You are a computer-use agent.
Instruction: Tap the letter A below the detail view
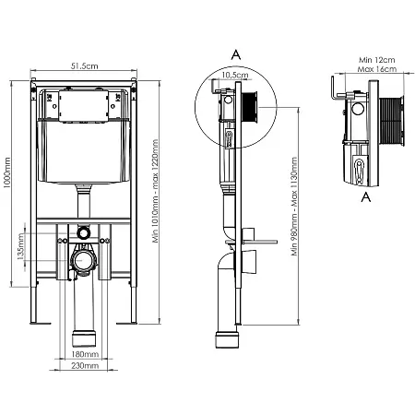click(x=366, y=197)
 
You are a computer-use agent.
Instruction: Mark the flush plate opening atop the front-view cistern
click(x=84, y=103)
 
